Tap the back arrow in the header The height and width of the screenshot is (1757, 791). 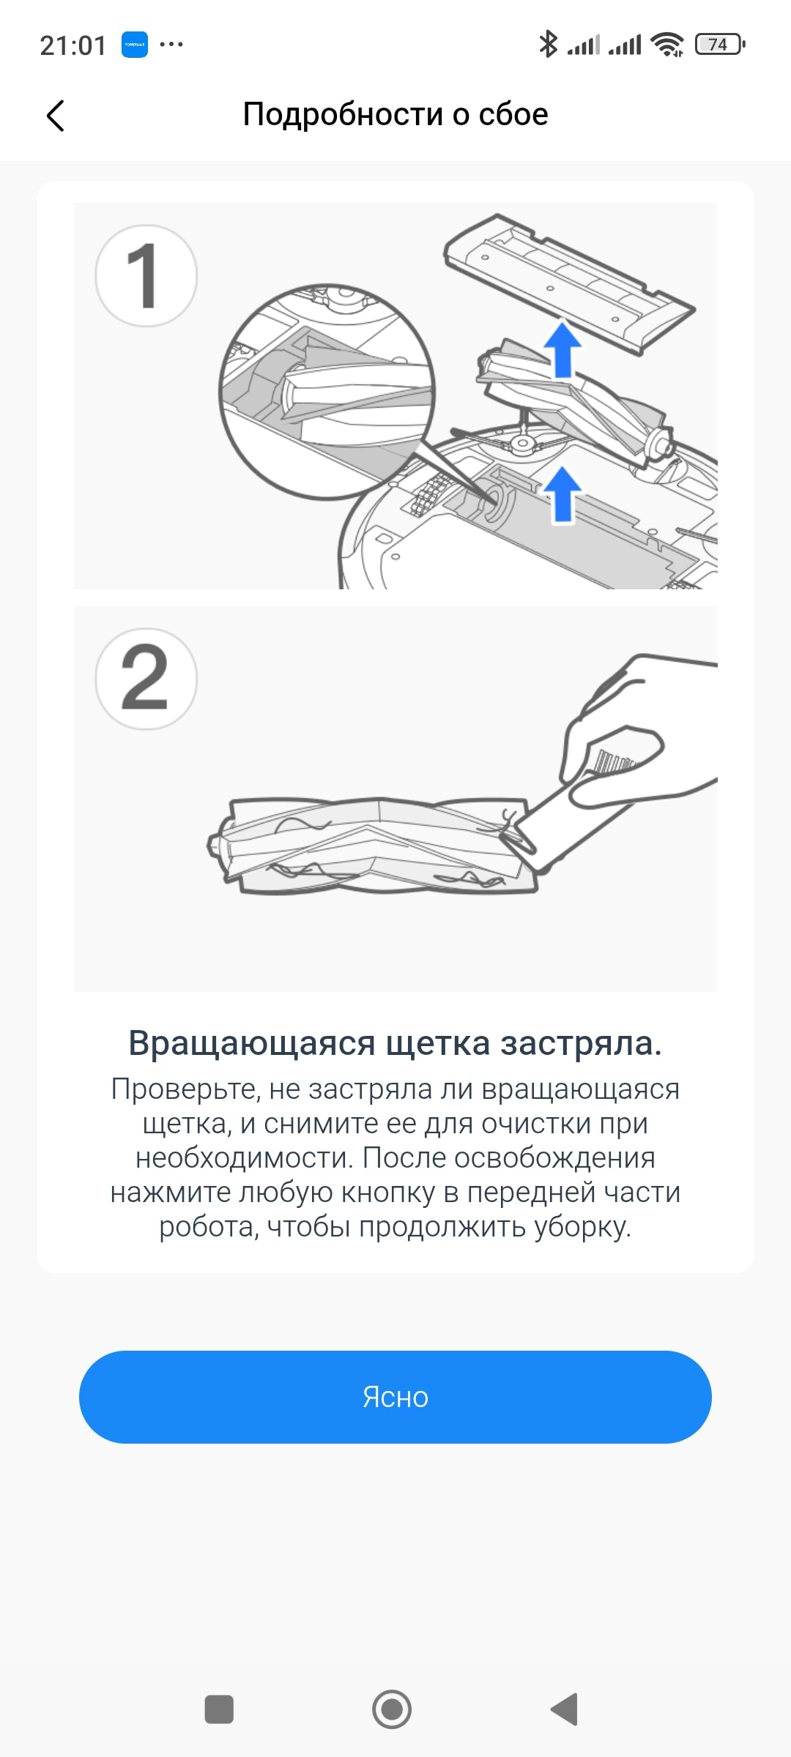[x=55, y=116]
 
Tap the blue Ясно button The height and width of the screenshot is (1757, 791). [x=395, y=1397]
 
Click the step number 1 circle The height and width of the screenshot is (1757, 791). [x=146, y=275]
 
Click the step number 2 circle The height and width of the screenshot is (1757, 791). [x=146, y=679]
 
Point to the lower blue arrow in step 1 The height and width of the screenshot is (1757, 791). [x=562, y=495]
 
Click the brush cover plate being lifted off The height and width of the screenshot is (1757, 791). [x=569, y=283]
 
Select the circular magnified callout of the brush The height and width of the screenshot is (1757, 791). [x=327, y=392]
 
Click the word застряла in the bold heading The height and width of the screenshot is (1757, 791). [x=581, y=1044]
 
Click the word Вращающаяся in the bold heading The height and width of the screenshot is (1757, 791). [x=252, y=1044]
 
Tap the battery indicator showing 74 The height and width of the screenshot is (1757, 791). [x=720, y=45]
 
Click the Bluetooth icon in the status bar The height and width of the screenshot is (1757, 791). [x=548, y=44]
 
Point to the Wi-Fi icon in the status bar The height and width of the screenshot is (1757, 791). [x=668, y=45]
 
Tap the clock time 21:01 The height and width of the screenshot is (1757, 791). [x=73, y=45]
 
